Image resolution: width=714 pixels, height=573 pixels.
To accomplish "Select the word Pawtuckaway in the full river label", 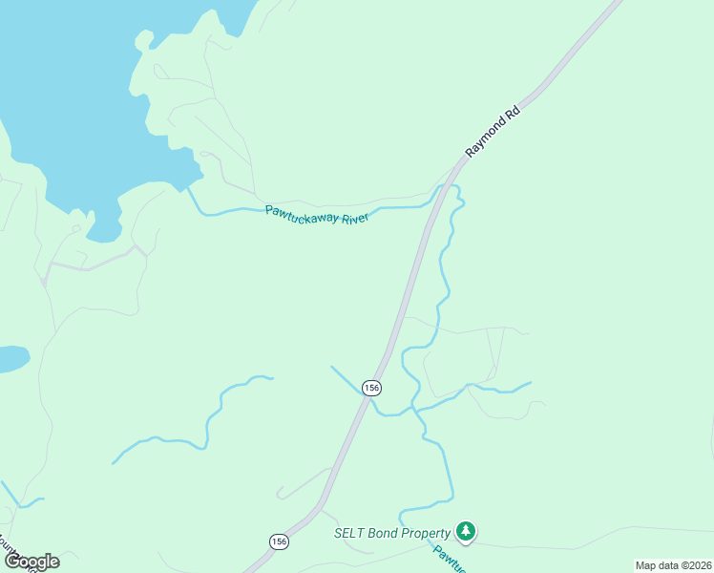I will [302, 213].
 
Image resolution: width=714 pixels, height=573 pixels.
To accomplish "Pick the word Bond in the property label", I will [381, 533].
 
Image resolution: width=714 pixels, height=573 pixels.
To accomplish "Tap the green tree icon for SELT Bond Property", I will [465, 531].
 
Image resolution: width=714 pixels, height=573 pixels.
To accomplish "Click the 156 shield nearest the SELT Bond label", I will [278, 541].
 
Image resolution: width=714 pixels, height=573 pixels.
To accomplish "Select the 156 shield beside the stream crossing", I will [371, 388].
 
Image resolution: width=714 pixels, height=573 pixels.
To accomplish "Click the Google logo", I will [31, 562].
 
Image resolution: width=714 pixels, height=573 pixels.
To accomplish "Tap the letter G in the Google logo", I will [12, 562].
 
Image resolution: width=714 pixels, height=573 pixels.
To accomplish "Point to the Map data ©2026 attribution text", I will [672, 565].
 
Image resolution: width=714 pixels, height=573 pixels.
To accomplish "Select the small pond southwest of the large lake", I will [11, 360].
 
